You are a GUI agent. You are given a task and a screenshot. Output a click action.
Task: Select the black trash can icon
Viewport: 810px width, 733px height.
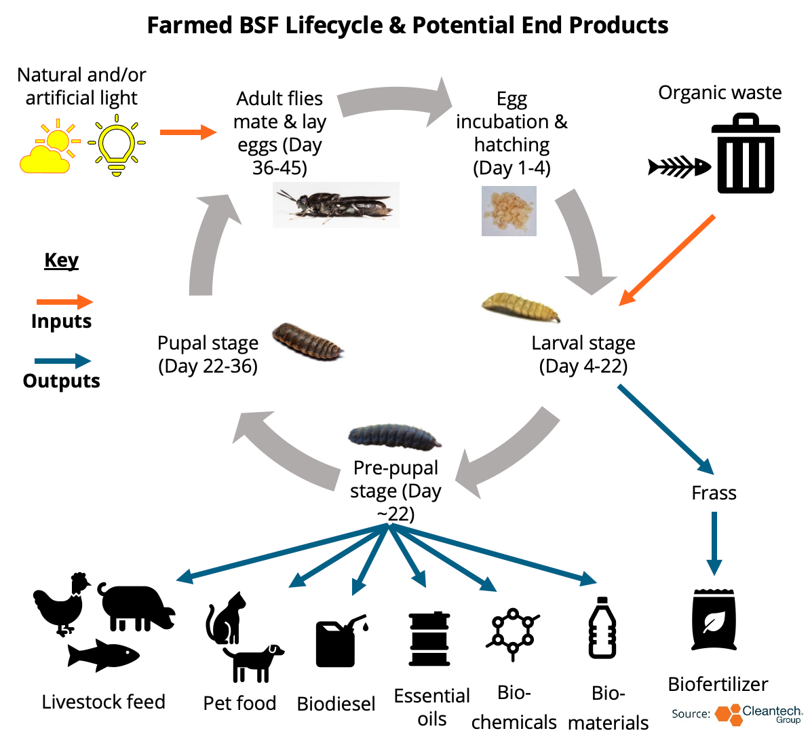click(746, 154)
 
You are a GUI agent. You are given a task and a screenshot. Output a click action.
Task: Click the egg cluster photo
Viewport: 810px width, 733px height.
click(509, 212)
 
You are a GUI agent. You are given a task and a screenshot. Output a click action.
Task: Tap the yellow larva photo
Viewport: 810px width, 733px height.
click(520, 307)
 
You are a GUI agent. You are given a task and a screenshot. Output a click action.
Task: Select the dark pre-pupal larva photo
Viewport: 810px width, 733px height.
click(394, 436)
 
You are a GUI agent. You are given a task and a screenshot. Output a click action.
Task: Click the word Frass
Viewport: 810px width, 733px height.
click(714, 493)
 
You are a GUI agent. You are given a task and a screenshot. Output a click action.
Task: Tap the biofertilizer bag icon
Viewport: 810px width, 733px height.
click(714, 620)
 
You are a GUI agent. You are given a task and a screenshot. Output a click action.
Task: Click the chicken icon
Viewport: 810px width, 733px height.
click(62, 603)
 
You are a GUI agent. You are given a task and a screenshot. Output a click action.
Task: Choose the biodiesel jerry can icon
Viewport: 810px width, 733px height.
click(340, 641)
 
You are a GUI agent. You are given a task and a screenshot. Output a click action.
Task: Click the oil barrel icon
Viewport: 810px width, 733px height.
click(429, 639)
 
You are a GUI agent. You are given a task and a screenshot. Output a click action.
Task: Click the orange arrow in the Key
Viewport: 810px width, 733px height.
click(64, 302)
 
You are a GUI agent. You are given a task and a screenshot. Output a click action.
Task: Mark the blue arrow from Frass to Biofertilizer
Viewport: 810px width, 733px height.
click(714, 542)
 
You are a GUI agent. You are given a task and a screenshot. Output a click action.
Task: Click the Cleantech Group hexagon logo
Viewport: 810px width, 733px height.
click(728, 715)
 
